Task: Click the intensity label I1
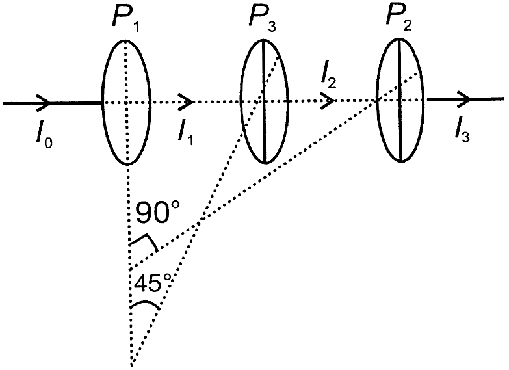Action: click(x=186, y=133)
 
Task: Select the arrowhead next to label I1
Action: click(x=186, y=102)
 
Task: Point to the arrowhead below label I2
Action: click(x=328, y=101)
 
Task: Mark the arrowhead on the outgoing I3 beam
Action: click(x=463, y=99)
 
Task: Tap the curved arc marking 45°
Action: click(x=145, y=303)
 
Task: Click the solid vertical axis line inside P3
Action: click(x=264, y=101)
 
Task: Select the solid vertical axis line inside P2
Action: click(x=400, y=99)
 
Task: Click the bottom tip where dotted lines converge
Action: click(x=131, y=365)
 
